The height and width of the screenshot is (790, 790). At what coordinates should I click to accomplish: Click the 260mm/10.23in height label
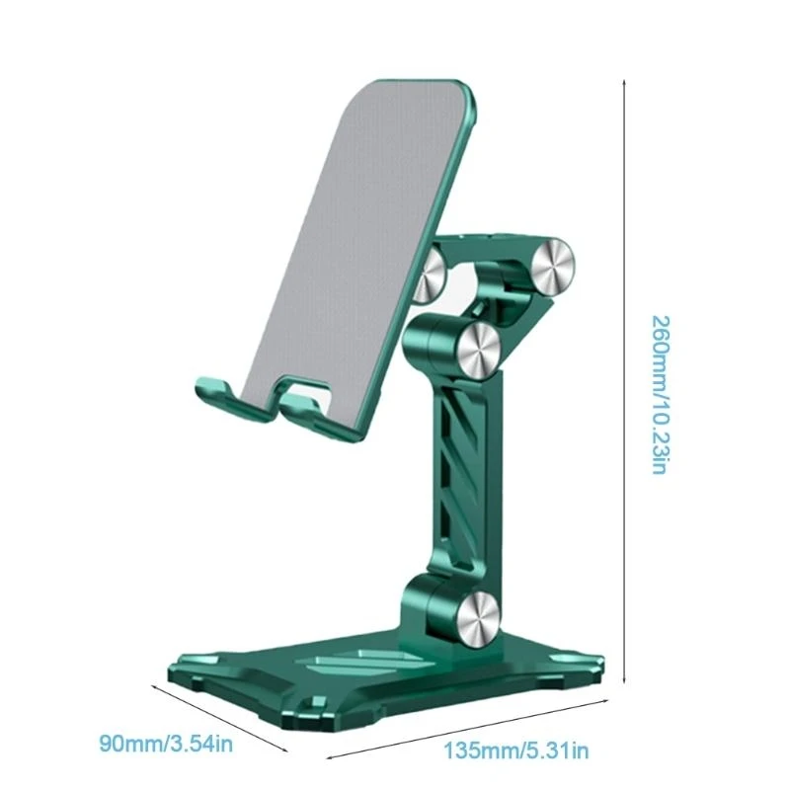(x=661, y=394)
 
